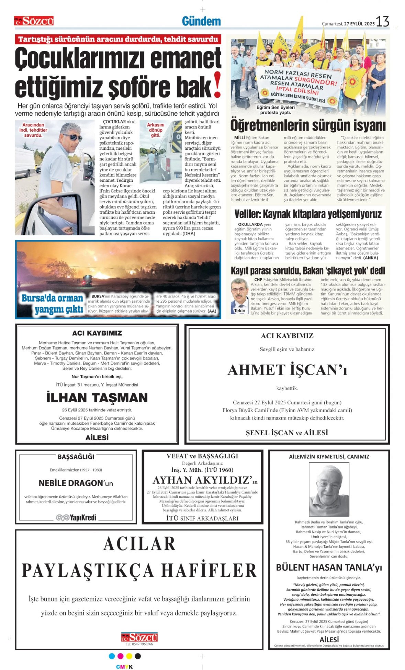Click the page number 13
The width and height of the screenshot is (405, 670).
(x=382, y=22)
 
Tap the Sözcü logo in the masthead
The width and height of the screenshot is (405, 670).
(x=34, y=21)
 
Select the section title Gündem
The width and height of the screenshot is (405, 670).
(x=201, y=21)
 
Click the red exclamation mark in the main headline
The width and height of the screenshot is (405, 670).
(x=217, y=85)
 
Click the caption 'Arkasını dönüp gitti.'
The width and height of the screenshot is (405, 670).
(x=156, y=130)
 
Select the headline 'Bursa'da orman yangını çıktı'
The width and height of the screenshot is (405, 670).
(x=53, y=303)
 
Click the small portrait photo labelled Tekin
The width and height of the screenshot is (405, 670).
(x=239, y=295)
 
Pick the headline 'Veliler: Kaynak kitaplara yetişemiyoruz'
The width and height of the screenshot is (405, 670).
(x=308, y=214)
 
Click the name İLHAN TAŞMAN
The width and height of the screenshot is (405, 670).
(x=97, y=398)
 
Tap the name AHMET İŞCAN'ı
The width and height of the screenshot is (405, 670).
(x=287, y=370)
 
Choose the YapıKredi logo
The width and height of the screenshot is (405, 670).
(x=76, y=517)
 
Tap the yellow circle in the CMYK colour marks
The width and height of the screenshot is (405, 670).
(x=129, y=656)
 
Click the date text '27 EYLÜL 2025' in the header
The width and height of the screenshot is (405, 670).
(x=359, y=24)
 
